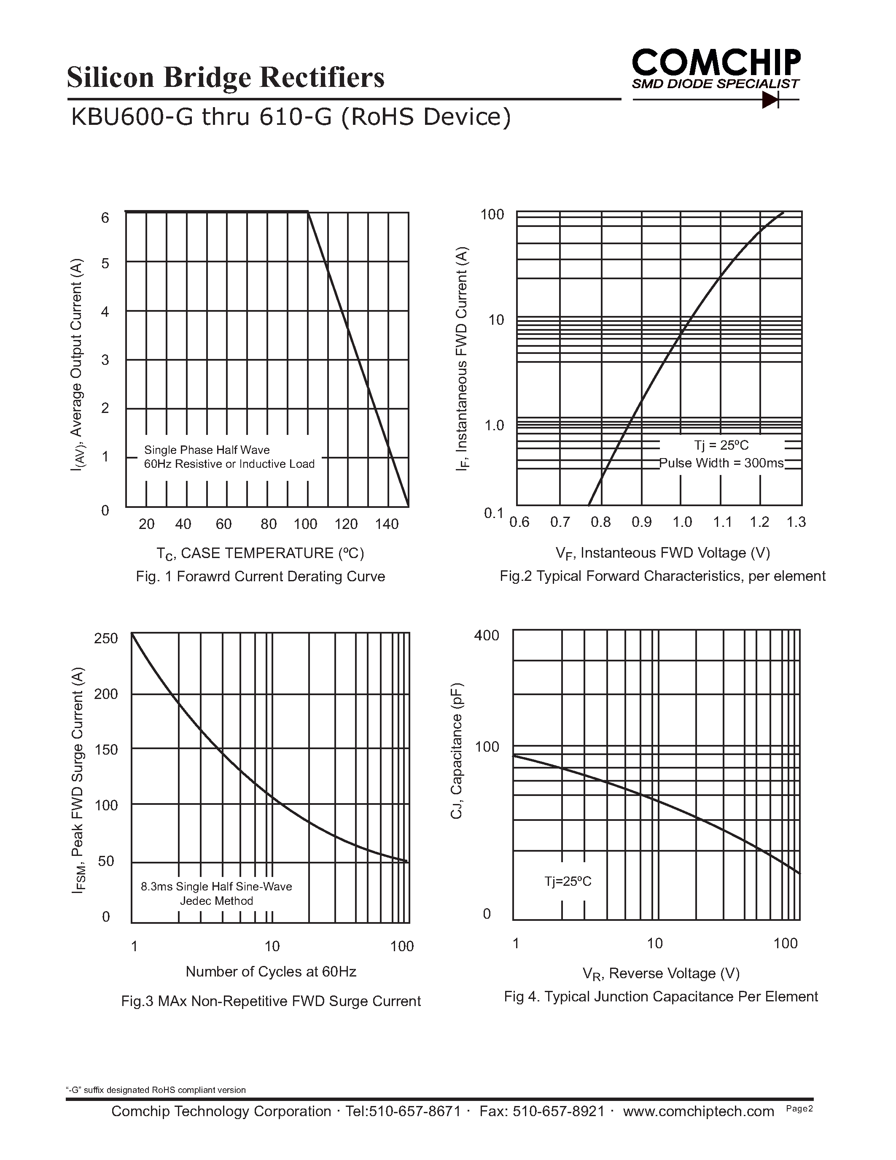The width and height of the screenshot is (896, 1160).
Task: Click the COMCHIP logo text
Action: pos(716,63)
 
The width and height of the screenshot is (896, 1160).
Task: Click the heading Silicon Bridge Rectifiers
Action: pos(226,77)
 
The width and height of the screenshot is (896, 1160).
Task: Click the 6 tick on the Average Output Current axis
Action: pos(105,218)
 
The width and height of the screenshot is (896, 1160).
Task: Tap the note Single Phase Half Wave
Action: pos(207,451)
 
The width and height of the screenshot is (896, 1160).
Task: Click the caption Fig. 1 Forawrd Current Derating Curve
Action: pos(260,576)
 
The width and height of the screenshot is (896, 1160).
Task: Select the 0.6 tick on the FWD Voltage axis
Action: pos(519,522)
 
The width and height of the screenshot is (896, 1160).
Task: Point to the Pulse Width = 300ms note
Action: pos(721,463)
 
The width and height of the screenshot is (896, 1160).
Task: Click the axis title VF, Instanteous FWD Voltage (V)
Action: pos(662,553)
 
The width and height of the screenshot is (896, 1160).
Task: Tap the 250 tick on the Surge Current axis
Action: pos(106,639)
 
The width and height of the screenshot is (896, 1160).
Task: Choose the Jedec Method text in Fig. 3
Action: pos(217,901)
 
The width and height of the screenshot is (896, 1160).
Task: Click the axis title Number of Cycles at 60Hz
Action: pos(271,971)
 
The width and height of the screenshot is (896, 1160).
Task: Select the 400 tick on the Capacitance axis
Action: pos(487,635)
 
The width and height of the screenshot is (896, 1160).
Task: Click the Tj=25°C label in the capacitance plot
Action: pos(568,882)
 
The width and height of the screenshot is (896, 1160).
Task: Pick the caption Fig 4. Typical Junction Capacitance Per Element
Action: pos(661,996)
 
